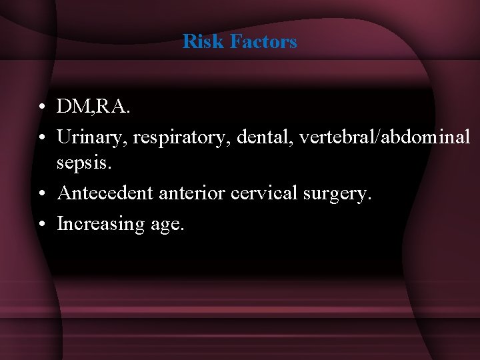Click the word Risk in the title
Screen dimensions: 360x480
203,41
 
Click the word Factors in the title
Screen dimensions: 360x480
263,41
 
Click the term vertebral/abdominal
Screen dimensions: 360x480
385,137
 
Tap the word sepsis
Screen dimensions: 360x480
83,161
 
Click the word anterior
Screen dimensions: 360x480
185,193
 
